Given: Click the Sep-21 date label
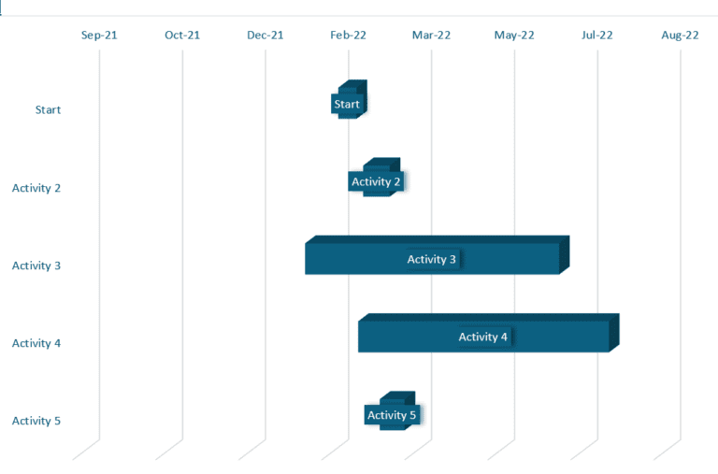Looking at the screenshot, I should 99,36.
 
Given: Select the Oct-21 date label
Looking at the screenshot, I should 182,36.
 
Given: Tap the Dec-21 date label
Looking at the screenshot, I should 266,36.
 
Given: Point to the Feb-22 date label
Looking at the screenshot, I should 348,36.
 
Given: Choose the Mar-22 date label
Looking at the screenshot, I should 431,36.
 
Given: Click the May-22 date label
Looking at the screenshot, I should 514,36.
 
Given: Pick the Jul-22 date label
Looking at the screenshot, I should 597,36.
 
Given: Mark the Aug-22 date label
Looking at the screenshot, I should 680,36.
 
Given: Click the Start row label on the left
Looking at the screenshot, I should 48,110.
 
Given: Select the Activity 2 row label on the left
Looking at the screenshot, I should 36,188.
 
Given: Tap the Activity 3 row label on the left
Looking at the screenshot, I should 36,266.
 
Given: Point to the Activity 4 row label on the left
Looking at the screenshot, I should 36,343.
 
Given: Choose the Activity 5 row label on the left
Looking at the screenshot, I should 36,421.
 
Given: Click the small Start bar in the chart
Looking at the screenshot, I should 349,104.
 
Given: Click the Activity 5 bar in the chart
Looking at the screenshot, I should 393,415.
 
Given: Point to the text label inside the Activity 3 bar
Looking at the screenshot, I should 432,259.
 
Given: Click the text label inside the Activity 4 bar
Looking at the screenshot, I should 483,337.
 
